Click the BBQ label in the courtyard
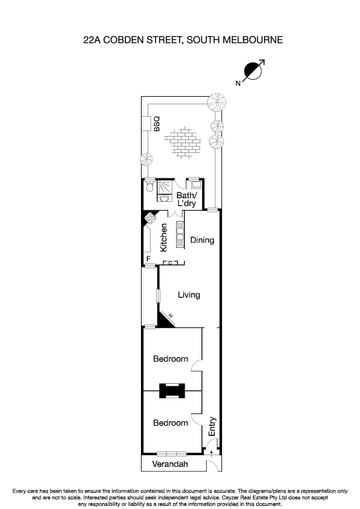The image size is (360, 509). click(x=157, y=124)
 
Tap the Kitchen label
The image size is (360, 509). click(x=163, y=238)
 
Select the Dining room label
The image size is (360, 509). click(x=202, y=240)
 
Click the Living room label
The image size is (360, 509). click(x=189, y=295)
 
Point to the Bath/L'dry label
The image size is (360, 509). click(x=186, y=199)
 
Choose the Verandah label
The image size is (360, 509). click(x=170, y=464)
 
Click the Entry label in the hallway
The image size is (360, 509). click(x=212, y=426)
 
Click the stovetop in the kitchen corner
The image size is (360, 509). click(x=151, y=218)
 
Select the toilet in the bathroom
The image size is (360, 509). click(x=150, y=185)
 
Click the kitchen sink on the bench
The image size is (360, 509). click(x=180, y=234)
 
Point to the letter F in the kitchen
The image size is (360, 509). click(x=148, y=259)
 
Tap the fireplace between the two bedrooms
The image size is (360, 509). click(x=172, y=391)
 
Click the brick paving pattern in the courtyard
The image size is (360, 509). click(x=182, y=143)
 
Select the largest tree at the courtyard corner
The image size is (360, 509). click(x=217, y=102)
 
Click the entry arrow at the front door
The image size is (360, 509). click(x=212, y=453)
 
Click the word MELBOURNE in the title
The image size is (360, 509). click(x=252, y=40)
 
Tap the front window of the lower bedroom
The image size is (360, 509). click(x=171, y=454)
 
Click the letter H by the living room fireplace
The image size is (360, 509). click(x=171, y=316)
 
